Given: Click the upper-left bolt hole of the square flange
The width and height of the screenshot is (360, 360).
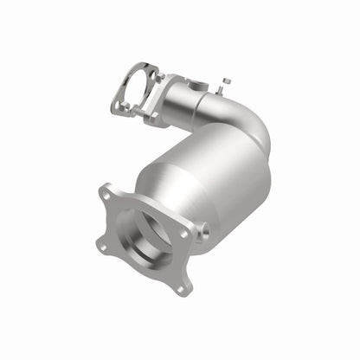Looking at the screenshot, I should coord(108,190).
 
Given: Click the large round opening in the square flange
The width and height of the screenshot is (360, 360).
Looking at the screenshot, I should coord(145,238).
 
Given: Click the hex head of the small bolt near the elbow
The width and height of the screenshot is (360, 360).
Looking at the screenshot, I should coord(227,81).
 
